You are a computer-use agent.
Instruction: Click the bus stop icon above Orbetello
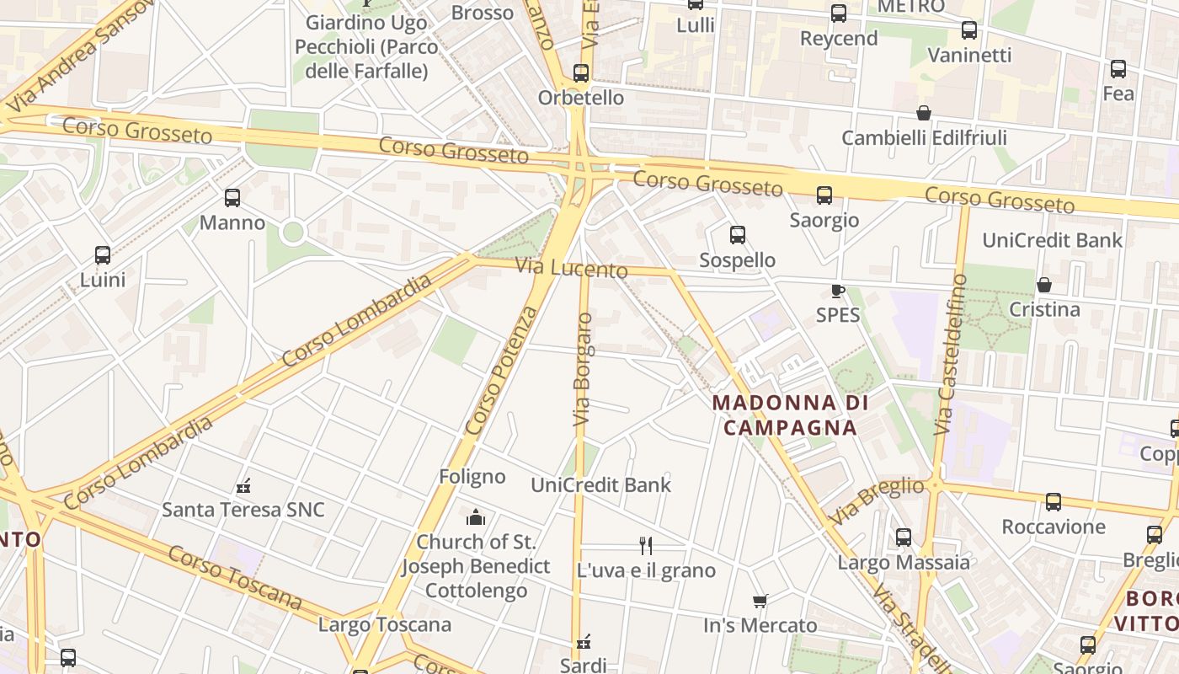click(581, 72)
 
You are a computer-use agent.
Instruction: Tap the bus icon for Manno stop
click(232, 198)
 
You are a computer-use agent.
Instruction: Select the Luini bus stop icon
click(103, 254)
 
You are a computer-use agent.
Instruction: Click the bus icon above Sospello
click(738, 235)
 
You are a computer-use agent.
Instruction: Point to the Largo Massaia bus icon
click(904, 537)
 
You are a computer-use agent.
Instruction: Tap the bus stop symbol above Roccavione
click(1054, 502)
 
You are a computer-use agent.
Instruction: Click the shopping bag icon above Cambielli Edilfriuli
click(924, 113)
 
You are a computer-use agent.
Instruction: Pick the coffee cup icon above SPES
click(837, 291)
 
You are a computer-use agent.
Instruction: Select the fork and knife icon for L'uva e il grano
click(646, 546)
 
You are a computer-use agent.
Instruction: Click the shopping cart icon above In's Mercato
click(760, 601)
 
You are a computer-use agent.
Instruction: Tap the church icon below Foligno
click(476, 516)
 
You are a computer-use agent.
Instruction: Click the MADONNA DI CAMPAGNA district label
click(790, 415)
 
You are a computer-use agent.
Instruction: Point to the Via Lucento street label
click(572, 268)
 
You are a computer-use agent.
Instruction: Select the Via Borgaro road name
click(582, 369)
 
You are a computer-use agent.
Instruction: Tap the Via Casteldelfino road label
click(951, 354)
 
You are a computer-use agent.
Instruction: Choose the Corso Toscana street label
click(234, 577)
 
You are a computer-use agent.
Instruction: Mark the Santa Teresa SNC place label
click(243, 510)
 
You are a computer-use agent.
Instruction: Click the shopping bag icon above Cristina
click(1044, 285)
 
